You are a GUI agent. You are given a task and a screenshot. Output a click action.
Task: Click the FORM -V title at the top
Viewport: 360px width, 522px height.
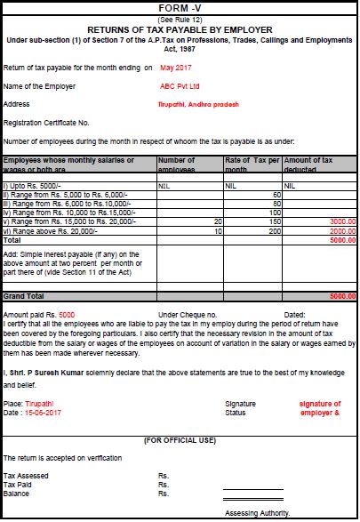click(180, 6)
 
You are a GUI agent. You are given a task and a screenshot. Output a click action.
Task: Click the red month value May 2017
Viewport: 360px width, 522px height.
click(178, 68)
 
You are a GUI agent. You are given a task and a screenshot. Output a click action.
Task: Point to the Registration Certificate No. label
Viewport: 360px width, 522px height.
click(46, 122)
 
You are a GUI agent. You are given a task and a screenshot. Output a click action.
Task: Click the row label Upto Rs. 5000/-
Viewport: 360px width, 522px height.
click(29, 186)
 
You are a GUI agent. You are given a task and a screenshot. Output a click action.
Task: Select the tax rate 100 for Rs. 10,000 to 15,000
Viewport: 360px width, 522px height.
click(275, 213)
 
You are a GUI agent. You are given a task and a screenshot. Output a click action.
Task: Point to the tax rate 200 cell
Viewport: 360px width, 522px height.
click(275, 230)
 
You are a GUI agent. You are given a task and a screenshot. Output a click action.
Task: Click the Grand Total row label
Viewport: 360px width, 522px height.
click(24, 295)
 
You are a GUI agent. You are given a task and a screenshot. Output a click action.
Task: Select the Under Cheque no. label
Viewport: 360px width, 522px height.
click(188, 314)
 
